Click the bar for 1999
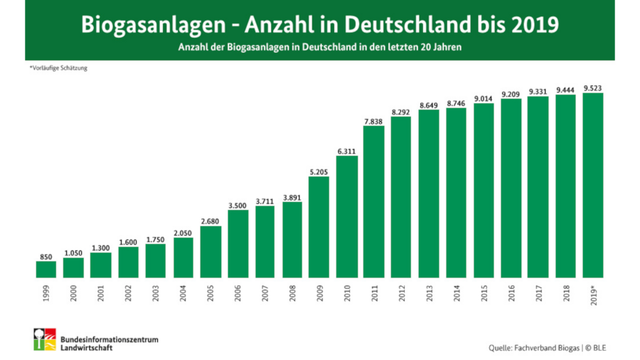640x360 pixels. (46, 269)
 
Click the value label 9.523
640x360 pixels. (593, 88)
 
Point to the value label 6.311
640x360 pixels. (346, 151)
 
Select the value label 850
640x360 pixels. (46, 256)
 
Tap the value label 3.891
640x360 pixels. (292, 197)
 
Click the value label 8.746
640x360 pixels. (456, 103)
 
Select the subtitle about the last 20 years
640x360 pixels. (321, 48)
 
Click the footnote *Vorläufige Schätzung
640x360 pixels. (59, 68)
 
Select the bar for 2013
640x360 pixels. (429, 194)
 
